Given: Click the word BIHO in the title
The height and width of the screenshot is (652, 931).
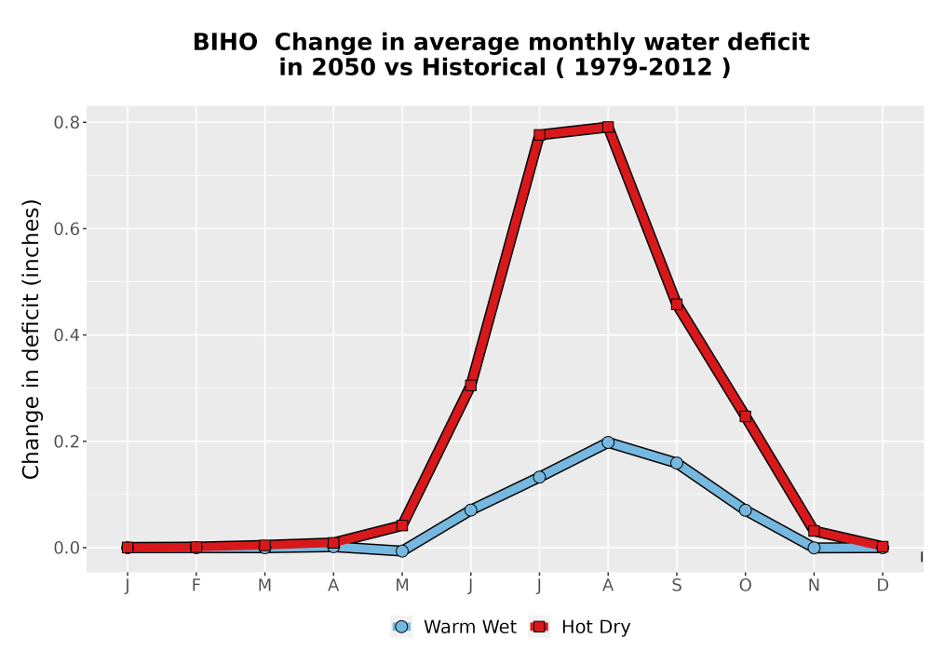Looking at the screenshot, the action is tap(225, 42).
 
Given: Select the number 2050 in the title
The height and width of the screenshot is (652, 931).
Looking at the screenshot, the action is tap(344, 67).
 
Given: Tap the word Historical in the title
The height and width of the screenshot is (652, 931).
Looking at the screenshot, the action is tap(484, 67).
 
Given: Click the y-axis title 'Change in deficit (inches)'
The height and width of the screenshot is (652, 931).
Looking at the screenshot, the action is tap(31, 339).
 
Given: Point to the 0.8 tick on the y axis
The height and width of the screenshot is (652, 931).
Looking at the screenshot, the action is tap(66, 122).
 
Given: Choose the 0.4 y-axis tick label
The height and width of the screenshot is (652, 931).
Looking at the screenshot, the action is tap(66, 335).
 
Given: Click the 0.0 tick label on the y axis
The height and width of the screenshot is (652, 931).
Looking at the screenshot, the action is tap(66, 548).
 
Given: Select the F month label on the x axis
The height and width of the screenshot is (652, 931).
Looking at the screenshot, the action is tap(196, 586).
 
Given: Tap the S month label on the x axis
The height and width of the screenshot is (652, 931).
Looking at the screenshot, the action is tap(676, 586).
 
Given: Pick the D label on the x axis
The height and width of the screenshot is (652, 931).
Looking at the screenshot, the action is tap(883, 586).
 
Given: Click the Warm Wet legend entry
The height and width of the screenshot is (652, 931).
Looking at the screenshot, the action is tap(453, 627).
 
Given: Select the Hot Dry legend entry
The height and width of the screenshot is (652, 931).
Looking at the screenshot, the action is tap(579, 627).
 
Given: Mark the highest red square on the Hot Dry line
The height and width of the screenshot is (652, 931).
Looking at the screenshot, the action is tap(607, 127).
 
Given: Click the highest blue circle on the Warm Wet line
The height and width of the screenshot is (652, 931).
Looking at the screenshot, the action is tap(607, 442).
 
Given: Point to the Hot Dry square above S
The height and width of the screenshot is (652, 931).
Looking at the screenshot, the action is tap(676, 305).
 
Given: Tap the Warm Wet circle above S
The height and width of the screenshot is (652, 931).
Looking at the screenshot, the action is tap(676, 463).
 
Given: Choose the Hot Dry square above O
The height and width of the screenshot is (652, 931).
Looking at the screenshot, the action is tap(745, 416).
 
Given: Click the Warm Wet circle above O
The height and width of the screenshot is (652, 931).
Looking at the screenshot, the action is tap(745, 510).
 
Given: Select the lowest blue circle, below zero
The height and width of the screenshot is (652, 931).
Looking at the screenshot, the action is tap(402, 551).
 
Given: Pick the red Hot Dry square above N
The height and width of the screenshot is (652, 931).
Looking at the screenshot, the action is tap(814, 531).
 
